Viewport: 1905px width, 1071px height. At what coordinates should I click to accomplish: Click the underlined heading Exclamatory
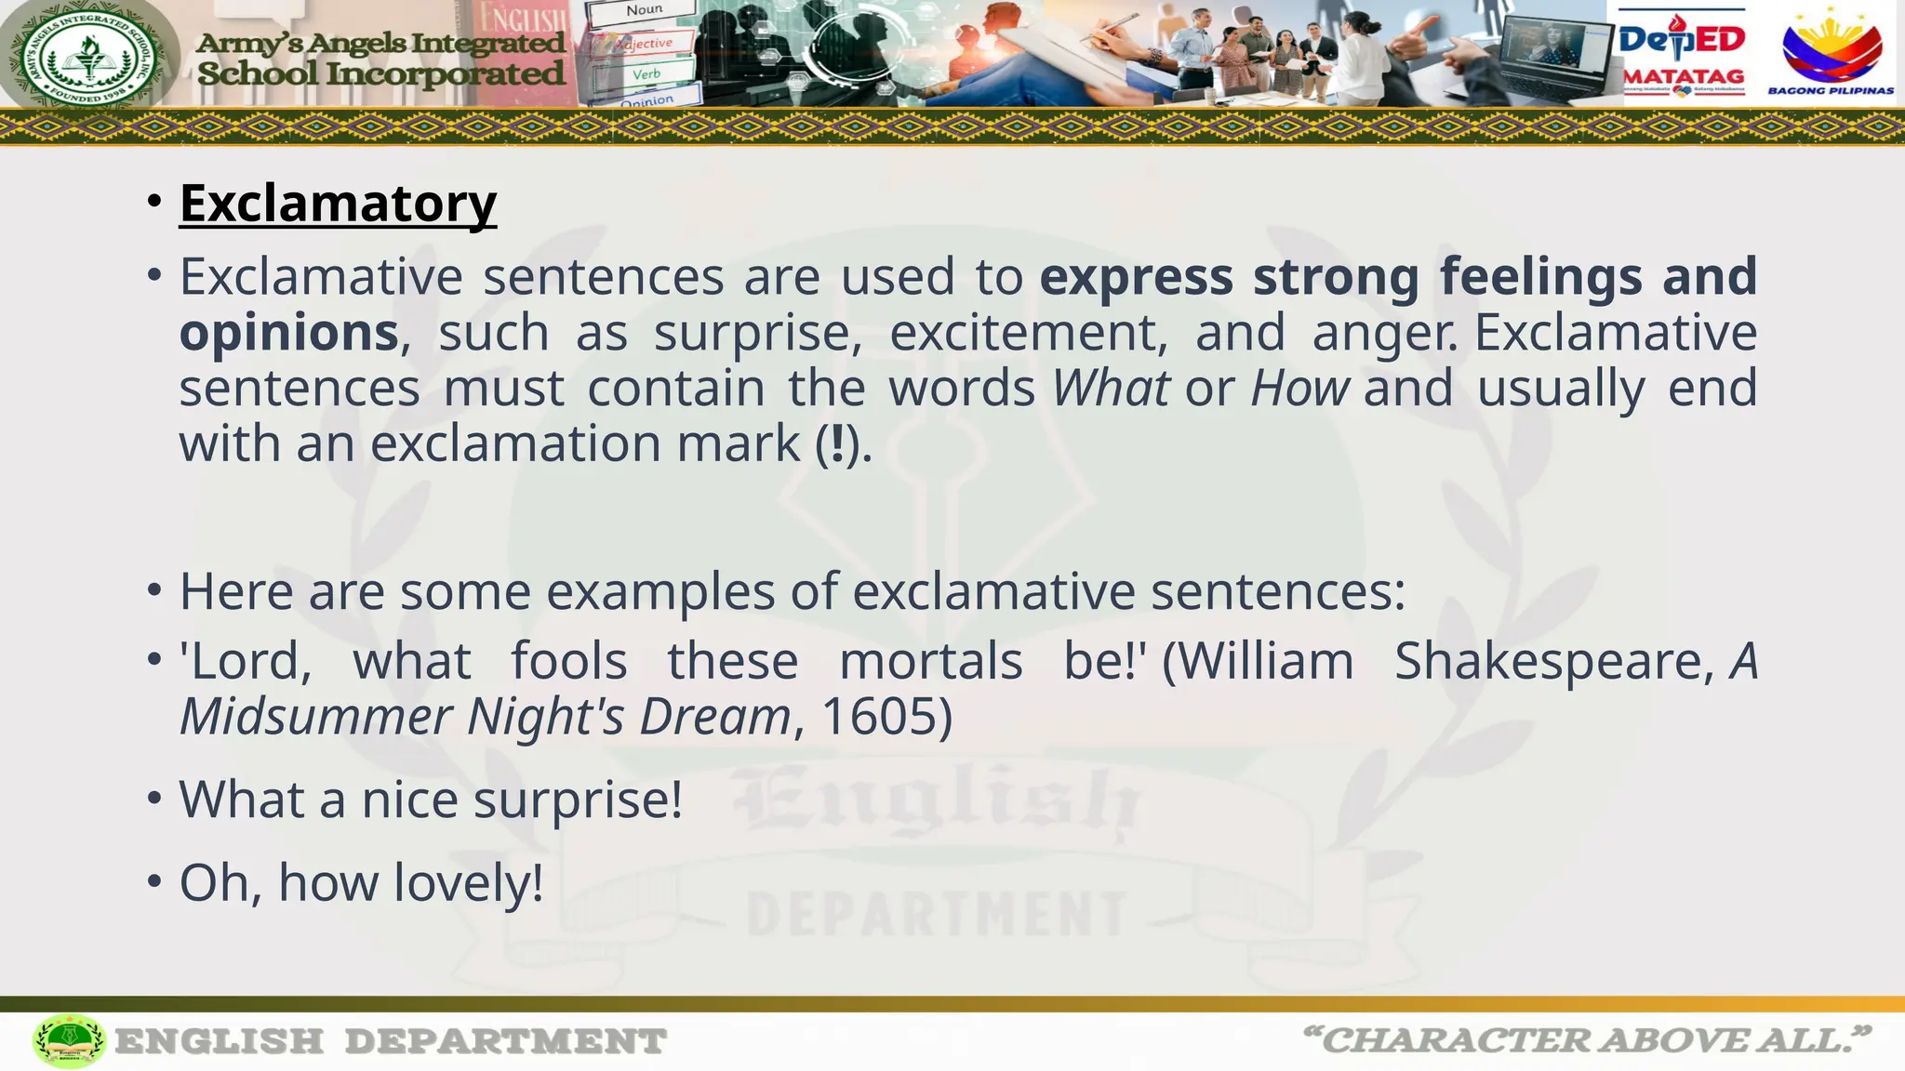pos(338,203)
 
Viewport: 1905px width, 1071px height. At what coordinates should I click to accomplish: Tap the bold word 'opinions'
pos(288,333)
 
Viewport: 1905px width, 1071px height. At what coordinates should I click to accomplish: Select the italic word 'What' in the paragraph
pos(1111,388)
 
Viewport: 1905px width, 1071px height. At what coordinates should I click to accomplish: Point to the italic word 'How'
pos(1299,388)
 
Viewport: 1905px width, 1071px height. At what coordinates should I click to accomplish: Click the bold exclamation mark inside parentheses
pos(838,443)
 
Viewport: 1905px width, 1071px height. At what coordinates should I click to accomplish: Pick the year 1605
pos(878,717)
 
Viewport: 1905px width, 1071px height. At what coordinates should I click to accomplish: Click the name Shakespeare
pos(1551,661)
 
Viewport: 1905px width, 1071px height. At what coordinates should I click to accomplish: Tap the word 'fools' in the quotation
pos(569,661)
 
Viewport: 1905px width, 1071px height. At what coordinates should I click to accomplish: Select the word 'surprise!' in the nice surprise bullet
pos(578,800)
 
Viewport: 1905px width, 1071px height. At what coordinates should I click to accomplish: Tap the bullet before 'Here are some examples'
pos(154,591)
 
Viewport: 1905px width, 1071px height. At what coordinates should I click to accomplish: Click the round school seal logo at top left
pos(90,55)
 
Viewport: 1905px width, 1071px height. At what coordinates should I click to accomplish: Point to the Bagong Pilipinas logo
pos(1831,52)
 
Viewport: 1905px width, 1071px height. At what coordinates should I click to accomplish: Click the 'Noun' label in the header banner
pos(644,11)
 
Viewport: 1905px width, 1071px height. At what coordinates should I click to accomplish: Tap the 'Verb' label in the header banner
pos(646,73)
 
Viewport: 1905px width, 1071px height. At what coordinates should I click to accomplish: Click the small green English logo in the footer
pos(69,1040)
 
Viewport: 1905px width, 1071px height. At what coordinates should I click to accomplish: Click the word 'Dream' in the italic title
pos(714,717)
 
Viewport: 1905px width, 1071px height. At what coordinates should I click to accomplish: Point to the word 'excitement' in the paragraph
pos(1028,333)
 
